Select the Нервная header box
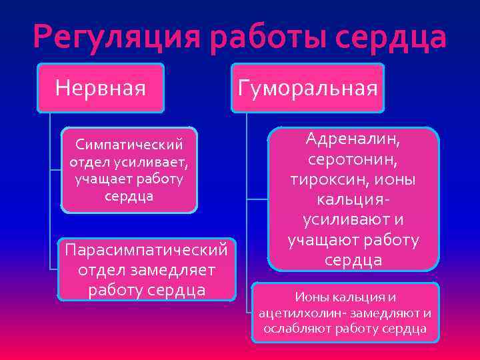(101, 87)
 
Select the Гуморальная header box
(307, 87)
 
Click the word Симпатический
(129, 145)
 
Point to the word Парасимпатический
(147, 249)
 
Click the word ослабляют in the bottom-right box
(295, 329)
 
